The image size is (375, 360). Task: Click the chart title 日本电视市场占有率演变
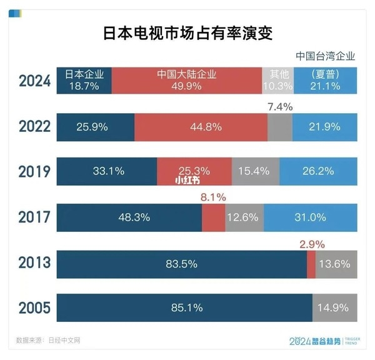point(187,32)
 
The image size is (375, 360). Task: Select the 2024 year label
point(33,81)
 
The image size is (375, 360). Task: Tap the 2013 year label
point(33,262)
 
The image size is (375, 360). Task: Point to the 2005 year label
point(33,308)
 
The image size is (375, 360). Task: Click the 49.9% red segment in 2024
point(186,81)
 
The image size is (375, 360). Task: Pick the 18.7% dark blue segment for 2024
point(84,81)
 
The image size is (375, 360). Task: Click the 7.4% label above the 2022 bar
point(279,107)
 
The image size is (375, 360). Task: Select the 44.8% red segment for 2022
point(201,127)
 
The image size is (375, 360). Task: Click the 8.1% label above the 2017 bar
point(213,197)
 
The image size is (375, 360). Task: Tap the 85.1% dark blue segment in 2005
point(184,308)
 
